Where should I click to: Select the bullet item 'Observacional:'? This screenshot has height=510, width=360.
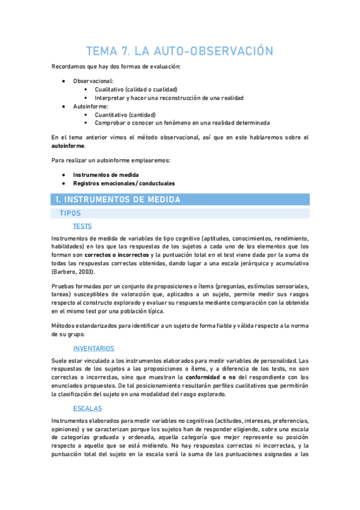93,80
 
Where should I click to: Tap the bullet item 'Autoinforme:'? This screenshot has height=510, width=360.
91,106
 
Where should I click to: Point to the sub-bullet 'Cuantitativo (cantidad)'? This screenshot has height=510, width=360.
125,114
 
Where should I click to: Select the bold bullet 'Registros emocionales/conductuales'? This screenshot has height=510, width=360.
124,183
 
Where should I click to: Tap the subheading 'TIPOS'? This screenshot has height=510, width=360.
70,213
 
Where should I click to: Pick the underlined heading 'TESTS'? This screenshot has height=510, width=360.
84,226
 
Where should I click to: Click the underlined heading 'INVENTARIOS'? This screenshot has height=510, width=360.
93,348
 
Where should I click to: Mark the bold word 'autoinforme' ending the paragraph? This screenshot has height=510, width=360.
68,146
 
